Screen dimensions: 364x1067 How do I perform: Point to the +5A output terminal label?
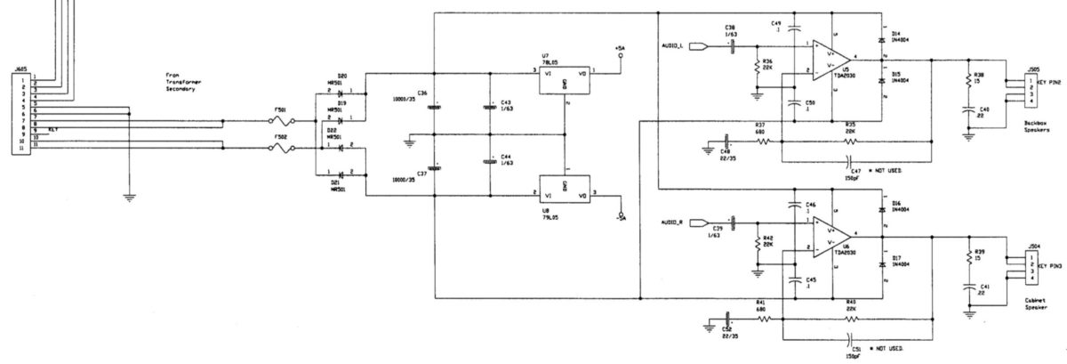click(x=620, y=46)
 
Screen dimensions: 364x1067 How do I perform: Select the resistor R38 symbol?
click(x=968, y=80)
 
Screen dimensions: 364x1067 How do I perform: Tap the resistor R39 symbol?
click(x=968, y=258)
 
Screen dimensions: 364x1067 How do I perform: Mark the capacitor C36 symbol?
click(x=433, y=107)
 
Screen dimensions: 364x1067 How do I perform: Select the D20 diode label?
click(x=342, y=76)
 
